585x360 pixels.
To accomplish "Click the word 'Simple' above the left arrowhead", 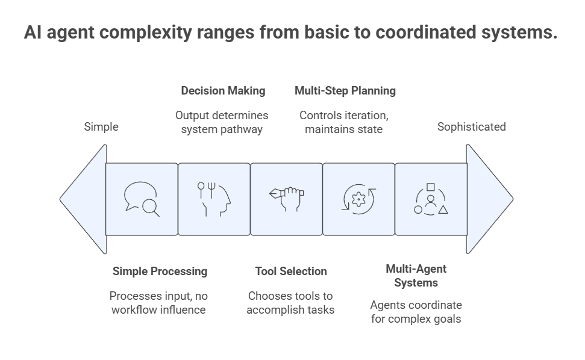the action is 101,126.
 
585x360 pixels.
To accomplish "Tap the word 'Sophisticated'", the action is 471,126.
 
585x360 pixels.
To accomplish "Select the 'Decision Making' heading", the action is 223,91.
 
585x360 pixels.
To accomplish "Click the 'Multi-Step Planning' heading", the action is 345,91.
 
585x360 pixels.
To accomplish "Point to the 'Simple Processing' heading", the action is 160,272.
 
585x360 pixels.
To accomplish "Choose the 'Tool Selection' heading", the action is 290,272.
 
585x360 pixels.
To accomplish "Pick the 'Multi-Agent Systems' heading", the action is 416,276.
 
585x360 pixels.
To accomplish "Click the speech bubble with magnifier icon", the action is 142,199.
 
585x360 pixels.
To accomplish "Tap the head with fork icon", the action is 214,199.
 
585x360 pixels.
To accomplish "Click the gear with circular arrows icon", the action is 358,199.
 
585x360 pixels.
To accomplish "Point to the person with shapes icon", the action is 431,199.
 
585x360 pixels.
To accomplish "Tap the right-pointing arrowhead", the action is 488,199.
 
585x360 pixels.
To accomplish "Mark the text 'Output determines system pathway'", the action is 222,122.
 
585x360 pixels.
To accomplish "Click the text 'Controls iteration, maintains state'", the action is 343,122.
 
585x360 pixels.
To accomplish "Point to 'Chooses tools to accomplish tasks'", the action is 290,303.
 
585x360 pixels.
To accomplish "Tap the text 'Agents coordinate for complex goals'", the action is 416,312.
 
